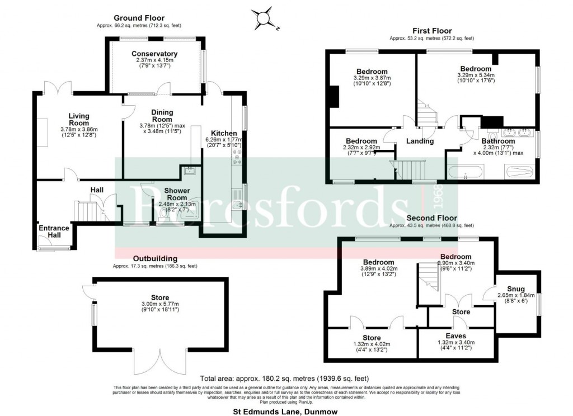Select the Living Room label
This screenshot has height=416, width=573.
tap(79, 119)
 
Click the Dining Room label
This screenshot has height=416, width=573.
tap(162, 116)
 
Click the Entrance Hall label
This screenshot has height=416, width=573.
tap(54, 231)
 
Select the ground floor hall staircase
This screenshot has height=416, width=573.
tap(87, 212)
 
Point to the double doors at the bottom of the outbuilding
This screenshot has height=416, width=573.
tap(159, 362)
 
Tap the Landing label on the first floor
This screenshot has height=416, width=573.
tap(421, 141)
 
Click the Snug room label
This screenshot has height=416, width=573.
tap(516, 289)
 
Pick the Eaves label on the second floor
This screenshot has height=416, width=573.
tap(455, 336)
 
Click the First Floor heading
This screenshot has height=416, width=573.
tap(432, 31)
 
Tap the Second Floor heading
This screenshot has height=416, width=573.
tap(431, 218)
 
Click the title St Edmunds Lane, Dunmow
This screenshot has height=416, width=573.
tap(285, 412)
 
